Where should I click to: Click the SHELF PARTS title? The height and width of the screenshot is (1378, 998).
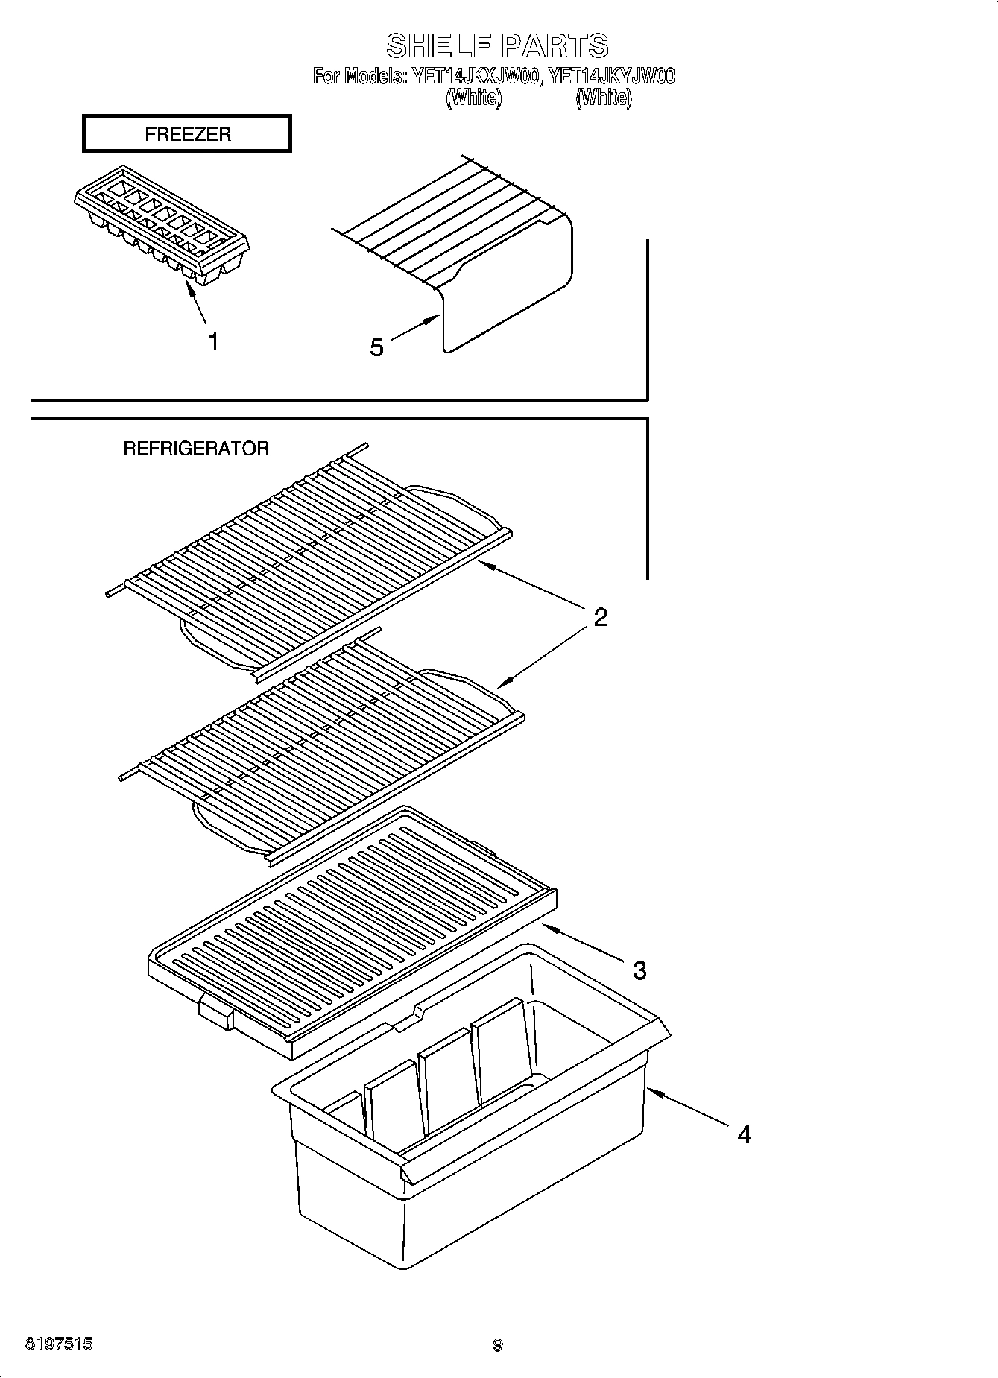[x=497, y=46]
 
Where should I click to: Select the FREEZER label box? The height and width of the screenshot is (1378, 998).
[x=186, y=134]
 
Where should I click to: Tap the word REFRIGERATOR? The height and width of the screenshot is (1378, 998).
[x=195, y=449]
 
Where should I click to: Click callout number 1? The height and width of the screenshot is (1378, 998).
[x=214, y=342]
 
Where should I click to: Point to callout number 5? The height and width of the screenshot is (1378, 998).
[x=377, y=347]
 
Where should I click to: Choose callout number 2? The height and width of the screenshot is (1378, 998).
[x=600, y=617]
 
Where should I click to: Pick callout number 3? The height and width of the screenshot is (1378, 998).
[x=639, y=970]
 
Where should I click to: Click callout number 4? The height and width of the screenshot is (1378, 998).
[x=744, y=1134]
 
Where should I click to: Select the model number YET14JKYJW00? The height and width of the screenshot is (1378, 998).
[x=611, y=76]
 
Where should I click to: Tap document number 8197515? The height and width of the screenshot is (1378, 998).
[x=60, y=1344]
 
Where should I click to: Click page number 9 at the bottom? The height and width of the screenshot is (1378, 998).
[x=497, y=1345]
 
